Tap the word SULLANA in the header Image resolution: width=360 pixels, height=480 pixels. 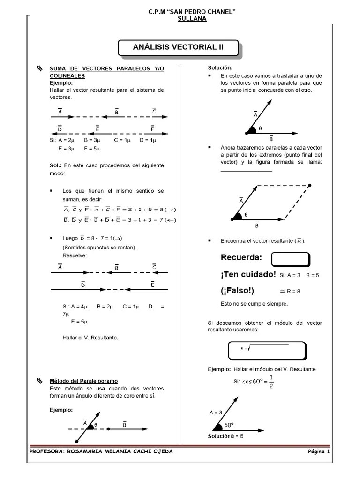tap(192, 18)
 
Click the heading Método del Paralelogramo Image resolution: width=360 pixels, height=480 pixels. tap(84, 381)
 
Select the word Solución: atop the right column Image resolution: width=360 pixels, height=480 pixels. tap(220, 68)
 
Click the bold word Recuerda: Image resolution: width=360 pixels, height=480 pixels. tap(241, 258)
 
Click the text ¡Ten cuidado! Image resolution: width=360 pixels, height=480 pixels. tap(248, 274)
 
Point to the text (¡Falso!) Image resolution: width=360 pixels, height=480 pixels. tap(237, 291)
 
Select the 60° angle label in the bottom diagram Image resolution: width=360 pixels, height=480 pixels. tap(229, 425)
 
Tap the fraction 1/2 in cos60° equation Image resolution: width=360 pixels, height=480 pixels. tap(271, 381)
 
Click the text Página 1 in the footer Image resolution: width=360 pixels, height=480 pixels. tap(319, 451)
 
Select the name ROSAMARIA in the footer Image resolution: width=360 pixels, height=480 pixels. tap(87, 451)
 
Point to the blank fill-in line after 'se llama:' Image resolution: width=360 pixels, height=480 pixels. tap(246, 170)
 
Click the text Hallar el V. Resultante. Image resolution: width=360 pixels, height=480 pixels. tap(90, 337)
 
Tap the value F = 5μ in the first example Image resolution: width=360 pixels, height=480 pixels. tap(92, 149)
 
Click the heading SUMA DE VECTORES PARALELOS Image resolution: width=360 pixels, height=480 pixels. tap(107, 69)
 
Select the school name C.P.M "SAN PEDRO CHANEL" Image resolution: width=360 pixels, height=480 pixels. tap(192, 11)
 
